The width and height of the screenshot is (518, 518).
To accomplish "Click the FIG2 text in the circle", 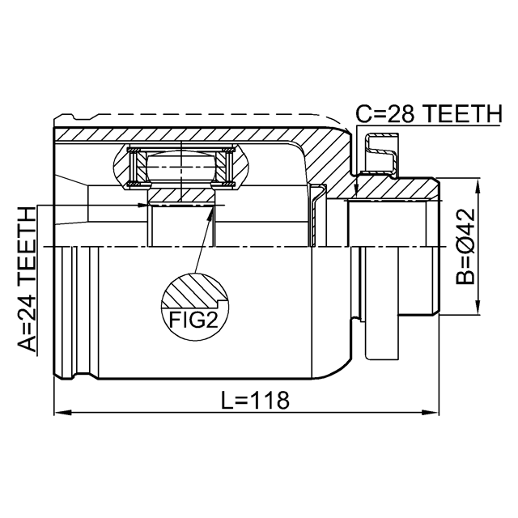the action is click(193, 320).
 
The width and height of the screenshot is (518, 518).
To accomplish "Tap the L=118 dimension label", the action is click(255, 399).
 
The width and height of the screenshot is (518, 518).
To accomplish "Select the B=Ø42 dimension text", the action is click(465, 247).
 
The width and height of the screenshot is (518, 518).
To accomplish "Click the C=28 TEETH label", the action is click(428, 113).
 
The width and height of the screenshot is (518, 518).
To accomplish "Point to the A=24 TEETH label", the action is click(27, 279).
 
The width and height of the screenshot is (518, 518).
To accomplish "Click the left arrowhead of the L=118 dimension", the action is click(63, 413).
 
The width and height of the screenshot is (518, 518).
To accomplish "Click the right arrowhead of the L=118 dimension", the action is click(430, 413).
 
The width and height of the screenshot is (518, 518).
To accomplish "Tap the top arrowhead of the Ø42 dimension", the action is click(478, 187).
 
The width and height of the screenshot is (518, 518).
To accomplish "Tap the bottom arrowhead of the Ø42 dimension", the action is click(478, 307).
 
